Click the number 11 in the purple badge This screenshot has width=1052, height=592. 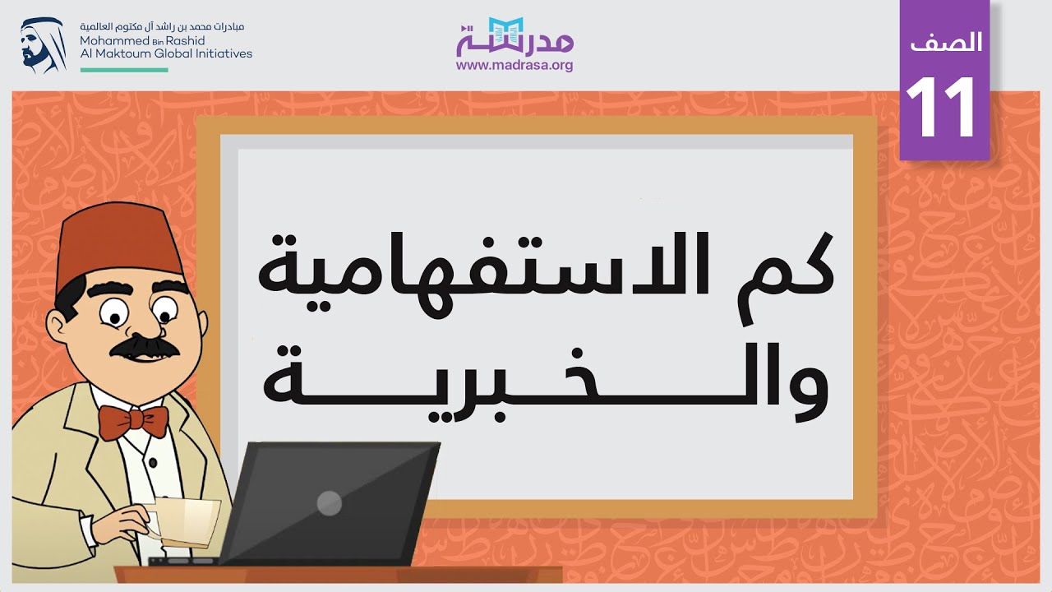(943, 108)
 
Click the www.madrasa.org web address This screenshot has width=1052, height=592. (514, 66)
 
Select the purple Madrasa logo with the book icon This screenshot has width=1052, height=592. (514, 37)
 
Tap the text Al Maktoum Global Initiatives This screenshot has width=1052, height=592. (166, 53)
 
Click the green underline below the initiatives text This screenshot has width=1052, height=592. (124, 70)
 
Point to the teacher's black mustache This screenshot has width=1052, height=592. (144, 346)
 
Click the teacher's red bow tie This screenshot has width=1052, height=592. (133, 421)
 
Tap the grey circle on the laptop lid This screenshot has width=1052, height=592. (329, 502)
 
